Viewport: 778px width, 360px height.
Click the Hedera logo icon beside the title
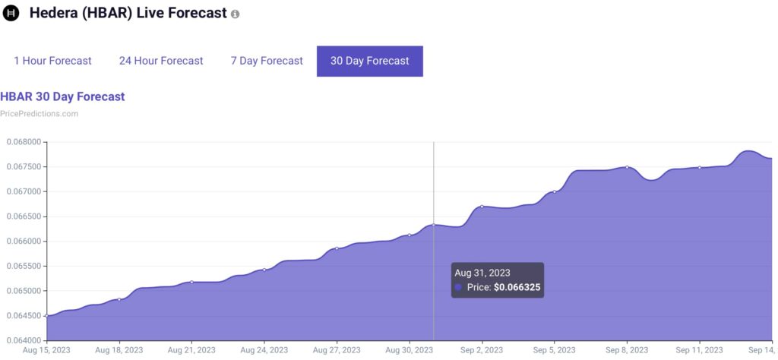point(11,14)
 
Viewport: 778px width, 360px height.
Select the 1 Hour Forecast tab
point(52,61)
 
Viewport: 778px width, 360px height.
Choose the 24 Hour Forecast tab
point(161,61)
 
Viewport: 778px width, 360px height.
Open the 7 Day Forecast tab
point(267,61)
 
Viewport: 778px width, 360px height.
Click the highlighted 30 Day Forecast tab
point(369,61)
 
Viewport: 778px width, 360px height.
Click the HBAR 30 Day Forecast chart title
point(62,96)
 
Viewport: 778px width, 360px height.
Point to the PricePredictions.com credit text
point(39,114)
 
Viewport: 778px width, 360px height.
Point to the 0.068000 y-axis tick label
point(24,142)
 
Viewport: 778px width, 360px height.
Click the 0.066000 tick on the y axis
point(24,242)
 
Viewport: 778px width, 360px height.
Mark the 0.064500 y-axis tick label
point(24,316)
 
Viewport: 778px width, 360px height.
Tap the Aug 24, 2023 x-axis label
point(264,350)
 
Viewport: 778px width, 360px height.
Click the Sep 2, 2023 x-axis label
point(482,350)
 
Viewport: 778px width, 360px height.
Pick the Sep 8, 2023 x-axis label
point(627,350)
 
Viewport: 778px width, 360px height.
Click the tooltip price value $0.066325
point(517,288)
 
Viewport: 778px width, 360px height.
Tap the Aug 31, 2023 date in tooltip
point(482,272)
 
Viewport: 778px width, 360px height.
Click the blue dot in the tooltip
point(458,288)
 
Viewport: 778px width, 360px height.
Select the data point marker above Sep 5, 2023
point(554,191)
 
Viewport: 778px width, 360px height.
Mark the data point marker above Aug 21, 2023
point(191,282)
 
